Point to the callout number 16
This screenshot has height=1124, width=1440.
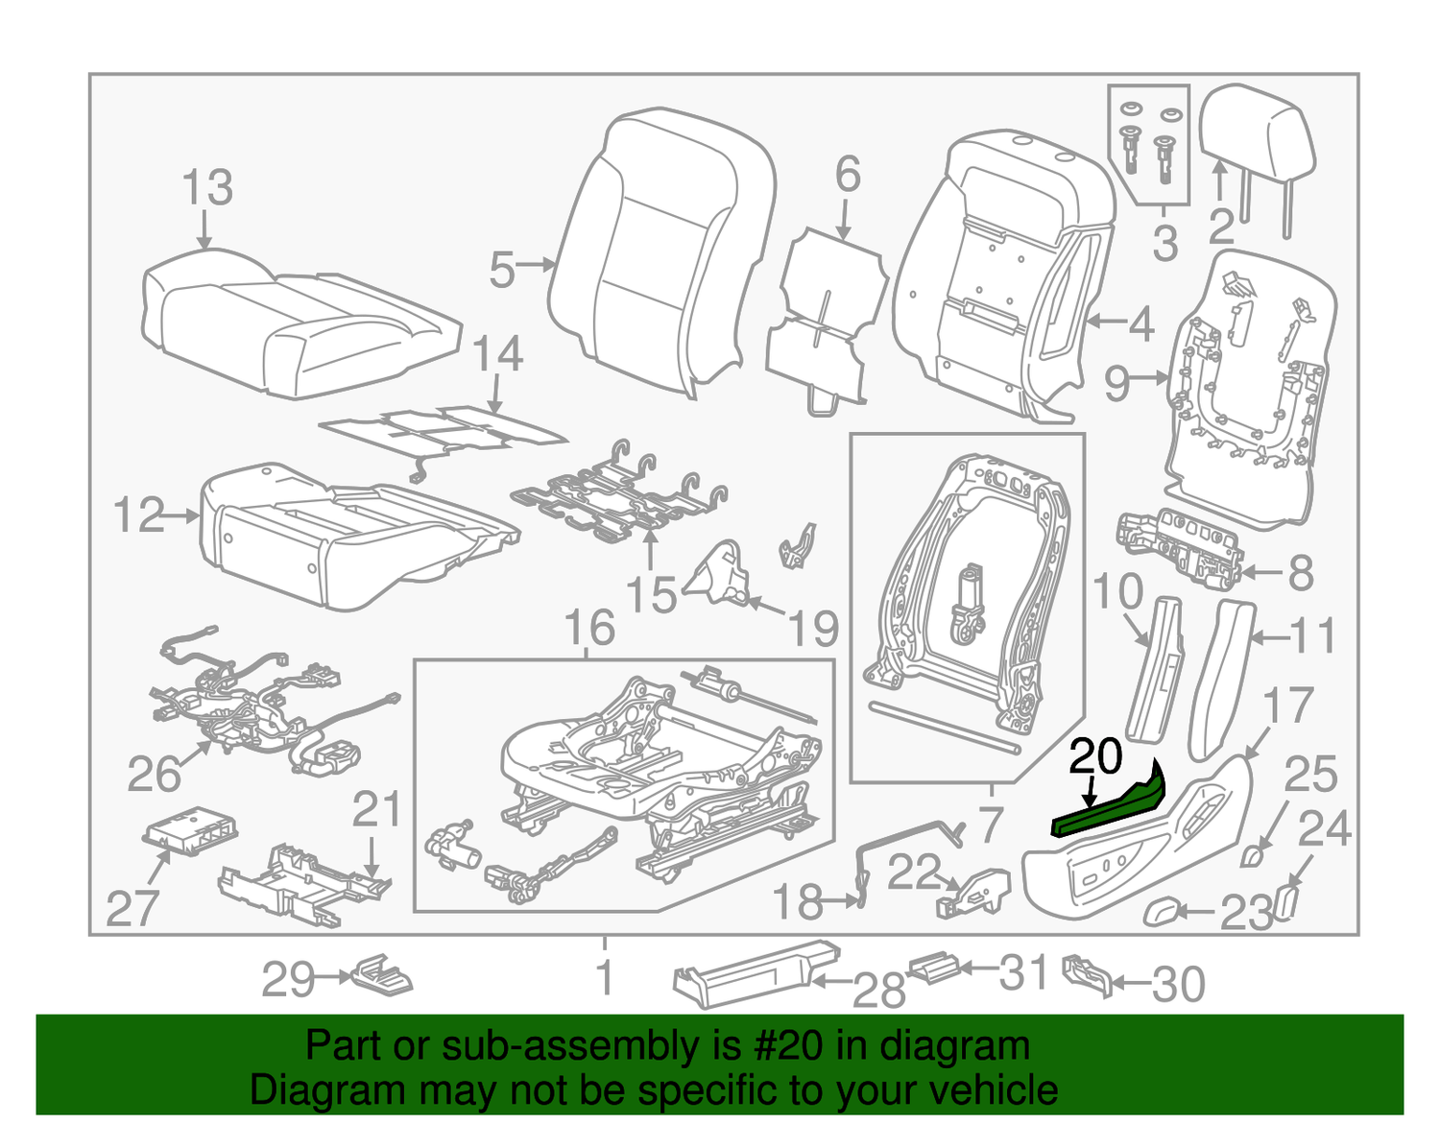pyautogui.click(x=588, y=629)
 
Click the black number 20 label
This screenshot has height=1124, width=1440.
pyautogui.click(x=1095, y=757)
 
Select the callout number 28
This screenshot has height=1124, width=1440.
pyautogui.click(x=878, y=990)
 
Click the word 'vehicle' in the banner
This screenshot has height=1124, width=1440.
pyautogui.click(x=997, y=1091)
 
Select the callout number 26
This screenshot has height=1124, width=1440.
pyautogui.click(x=154, y=774)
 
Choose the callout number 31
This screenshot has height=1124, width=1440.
pyautogui.click(x=1023, y=972)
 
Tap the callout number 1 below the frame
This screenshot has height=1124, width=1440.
pyautogui.click(x=605, y=978)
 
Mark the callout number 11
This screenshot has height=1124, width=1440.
pyautogui.click(x=1312, y=635)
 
